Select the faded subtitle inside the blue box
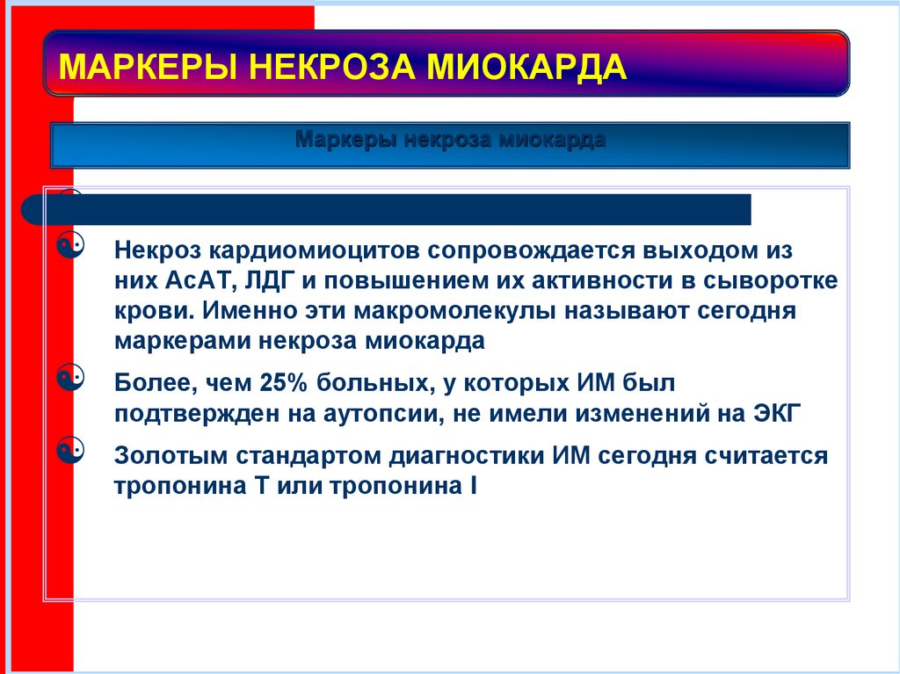click(x=450, y=141)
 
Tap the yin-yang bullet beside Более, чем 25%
click(x=75, y=379)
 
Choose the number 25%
click(x=282, y=383)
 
